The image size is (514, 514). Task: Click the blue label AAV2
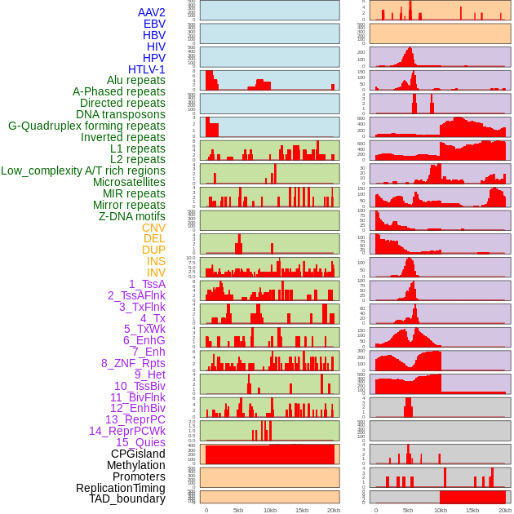[151, 13]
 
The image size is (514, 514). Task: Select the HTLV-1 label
[146, 69]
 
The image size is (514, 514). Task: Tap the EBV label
[154, 24]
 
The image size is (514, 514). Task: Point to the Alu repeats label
[135, 81]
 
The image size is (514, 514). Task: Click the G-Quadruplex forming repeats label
[86, 126]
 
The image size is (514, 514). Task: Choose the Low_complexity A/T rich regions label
[83, 171]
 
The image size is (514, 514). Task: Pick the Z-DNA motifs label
[131, 216]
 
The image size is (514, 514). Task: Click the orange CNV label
[153, 228]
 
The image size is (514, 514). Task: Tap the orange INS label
[156, 261]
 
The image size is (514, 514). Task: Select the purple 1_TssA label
[147, 284]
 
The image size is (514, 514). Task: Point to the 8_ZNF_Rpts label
[133, 363]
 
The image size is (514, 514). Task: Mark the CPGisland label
[138, 454]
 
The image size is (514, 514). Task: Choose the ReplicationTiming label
[120, 488]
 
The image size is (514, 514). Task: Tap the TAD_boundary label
[126, 498]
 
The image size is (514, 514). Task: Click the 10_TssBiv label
[140, 386]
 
